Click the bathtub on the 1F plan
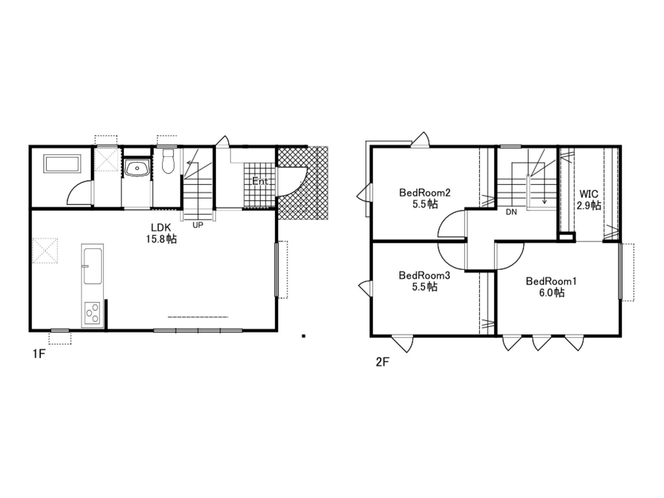[x=62, y=164]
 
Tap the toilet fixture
[x=168, y=161]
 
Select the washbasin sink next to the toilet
[x=137, y=168]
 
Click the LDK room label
[x=161, y=228]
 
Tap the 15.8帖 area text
[x=161, y=239]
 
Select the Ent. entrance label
[x=260, y=181]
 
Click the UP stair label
[x=198, y=225]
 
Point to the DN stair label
[x=511, y=212]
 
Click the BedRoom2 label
[x=425, y=193]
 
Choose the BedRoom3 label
[x=424, y=276]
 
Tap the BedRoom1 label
[x=551, y=281]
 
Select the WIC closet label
[x=589, y=194]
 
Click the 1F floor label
[x=39, y=354]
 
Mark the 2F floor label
[x=382, y=362]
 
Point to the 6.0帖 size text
[x=552, y=293]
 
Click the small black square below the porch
[x=304, y=336]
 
